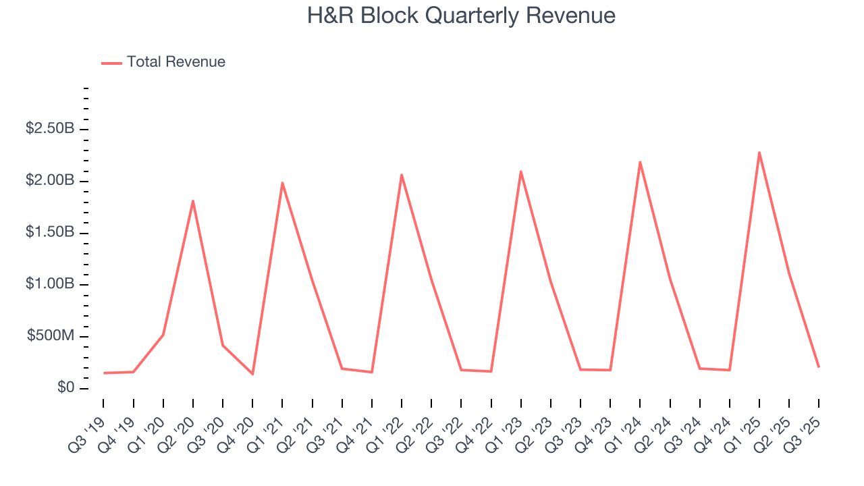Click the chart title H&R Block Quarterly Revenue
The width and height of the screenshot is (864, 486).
pos(461,16)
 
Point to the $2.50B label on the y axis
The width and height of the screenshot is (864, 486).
pos(50,128)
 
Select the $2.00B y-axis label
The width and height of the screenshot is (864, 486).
pos(50,180)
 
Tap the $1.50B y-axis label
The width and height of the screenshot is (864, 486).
pos(50,232)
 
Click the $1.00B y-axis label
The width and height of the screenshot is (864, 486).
pos(50,284)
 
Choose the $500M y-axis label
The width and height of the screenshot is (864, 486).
pos(51,336)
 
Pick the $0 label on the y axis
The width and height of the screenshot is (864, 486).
pos(65,388)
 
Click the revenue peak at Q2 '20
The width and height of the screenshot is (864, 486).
pos(193,200)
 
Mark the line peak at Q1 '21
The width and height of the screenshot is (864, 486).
pos(282,182)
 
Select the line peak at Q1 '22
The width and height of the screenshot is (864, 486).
pos(402,175)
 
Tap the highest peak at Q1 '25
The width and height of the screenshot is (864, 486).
pos(759,152)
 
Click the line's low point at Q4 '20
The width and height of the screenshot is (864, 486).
pos(252,374)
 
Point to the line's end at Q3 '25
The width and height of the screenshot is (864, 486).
pos(819,367)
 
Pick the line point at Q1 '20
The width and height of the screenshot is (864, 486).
pos(163,335)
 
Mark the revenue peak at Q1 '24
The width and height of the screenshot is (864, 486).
pos(640,161)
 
